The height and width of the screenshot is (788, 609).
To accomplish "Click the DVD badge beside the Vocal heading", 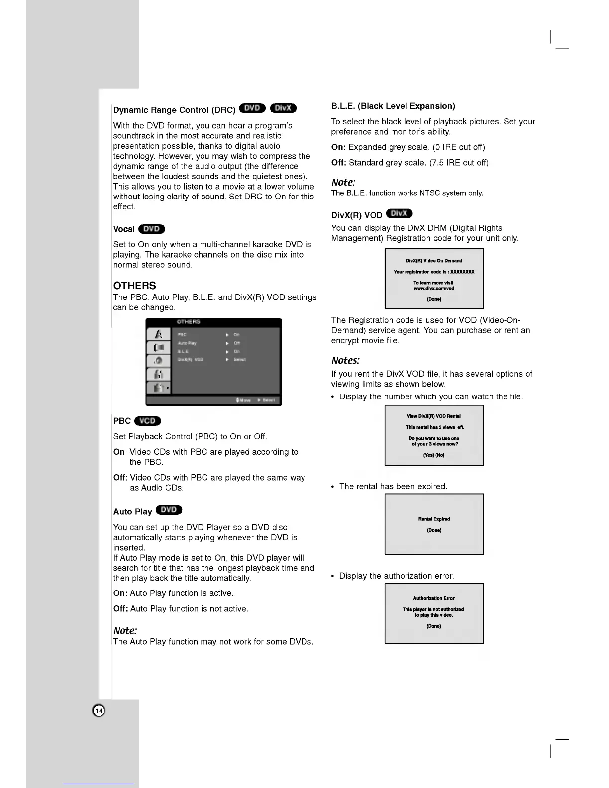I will pos(152,229).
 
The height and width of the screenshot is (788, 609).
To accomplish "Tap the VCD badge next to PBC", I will pos(148,421).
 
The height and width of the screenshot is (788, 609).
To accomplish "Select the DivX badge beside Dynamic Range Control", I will pos(283,108).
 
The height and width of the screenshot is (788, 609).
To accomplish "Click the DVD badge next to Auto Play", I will pos(169,510).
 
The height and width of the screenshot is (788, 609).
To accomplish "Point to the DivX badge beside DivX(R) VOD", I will pos(399,213).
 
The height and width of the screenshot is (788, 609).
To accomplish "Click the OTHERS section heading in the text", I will pos(135,286).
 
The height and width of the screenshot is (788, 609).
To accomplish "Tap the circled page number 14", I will pos(99,711).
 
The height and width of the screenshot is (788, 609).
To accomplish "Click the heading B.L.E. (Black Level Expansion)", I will pos(393,106).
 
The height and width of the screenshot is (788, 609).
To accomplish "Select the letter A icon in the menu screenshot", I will pos(159,334).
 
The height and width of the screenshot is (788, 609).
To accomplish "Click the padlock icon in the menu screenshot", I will pos(159,374).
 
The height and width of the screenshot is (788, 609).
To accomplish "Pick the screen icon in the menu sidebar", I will pos(159,348).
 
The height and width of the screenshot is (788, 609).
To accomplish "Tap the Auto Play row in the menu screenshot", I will pos(209,343).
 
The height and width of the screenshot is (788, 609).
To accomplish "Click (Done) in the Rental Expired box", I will pos(434,530).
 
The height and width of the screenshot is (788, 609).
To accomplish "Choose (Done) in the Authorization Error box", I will pos(434,626).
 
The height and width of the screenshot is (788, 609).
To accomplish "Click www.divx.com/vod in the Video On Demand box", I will pos(434,289).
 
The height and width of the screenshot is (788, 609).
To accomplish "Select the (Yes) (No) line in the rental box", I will pos(434,455).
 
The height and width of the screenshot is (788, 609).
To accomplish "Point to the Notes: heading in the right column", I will pos(345,360).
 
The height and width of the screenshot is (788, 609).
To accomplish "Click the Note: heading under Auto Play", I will pos(125,630).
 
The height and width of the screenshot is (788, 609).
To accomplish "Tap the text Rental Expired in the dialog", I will pos(434,519).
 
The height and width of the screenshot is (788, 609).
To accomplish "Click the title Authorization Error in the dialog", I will pos(434,598).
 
